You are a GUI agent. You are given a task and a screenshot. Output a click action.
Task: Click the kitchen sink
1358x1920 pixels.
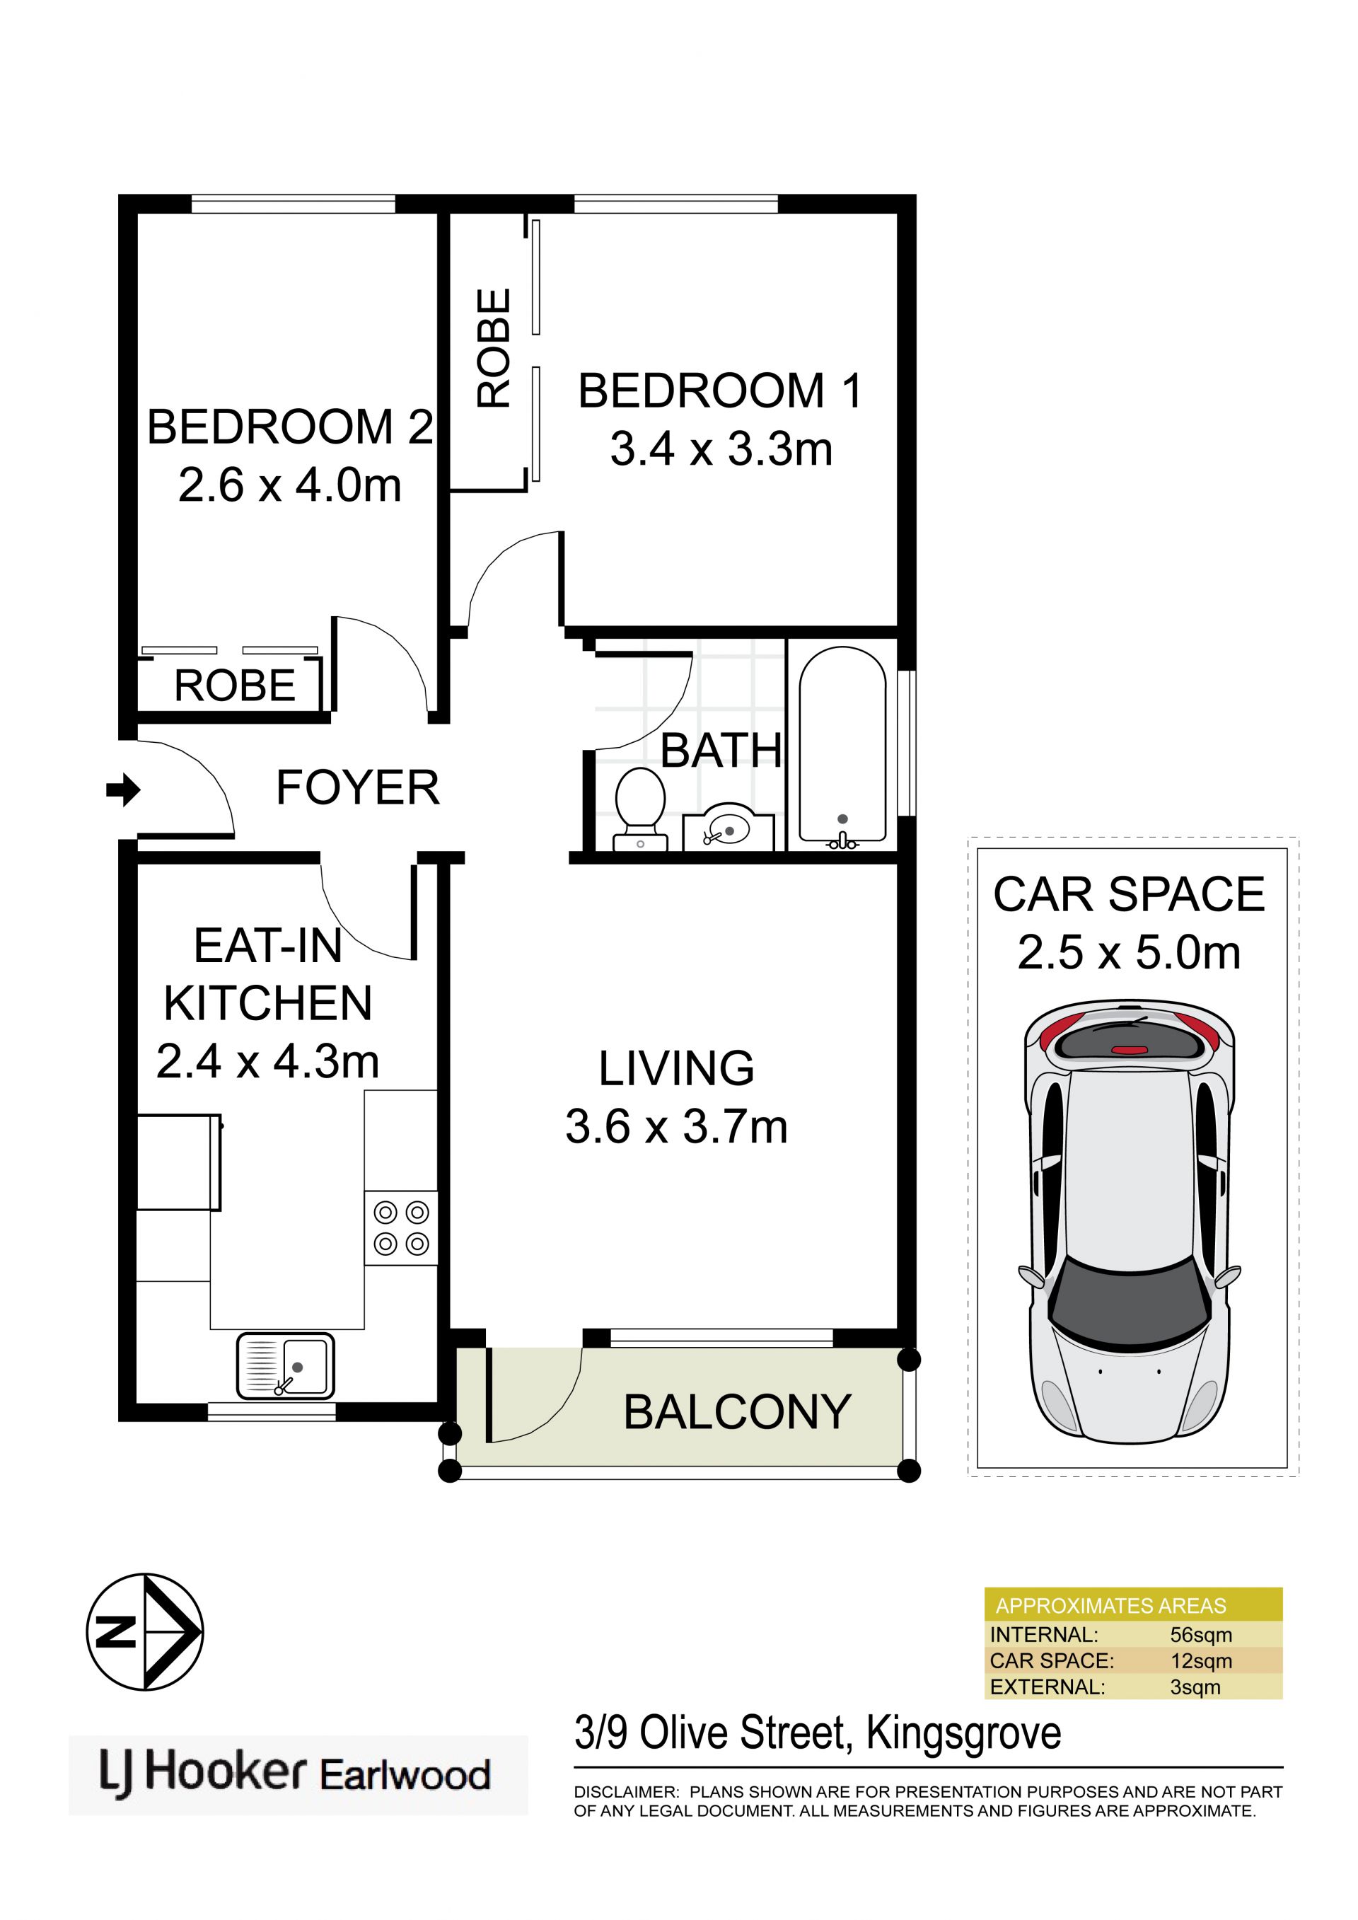[285, 1365]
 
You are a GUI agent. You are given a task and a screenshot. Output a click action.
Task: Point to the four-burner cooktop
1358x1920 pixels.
[400, 1227]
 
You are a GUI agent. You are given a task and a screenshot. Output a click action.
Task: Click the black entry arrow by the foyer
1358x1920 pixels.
[123, 789]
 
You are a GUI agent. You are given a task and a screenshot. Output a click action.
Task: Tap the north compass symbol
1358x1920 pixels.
[145, 1631]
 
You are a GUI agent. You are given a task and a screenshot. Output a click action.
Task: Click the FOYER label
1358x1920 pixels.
[358, 787]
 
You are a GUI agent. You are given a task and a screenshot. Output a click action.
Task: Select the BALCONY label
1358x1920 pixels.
[738, 1412]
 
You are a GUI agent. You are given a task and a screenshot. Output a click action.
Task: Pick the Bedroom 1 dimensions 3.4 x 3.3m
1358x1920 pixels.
[721, 449]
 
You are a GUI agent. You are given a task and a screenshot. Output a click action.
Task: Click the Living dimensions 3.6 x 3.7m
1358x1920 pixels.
[676, 1126]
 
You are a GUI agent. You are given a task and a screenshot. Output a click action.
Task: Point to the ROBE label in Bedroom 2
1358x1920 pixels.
[235, 686]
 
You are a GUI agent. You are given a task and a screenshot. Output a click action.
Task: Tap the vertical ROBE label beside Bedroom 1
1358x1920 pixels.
[494, 348]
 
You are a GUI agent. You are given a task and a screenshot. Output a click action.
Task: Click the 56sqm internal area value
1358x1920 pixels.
[1201, 1635]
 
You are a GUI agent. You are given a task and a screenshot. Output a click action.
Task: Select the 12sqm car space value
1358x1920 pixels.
[1201, 1661]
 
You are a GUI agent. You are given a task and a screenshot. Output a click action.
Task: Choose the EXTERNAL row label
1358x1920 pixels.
[1047, 1687]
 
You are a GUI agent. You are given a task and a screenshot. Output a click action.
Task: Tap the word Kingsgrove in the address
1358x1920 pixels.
[963, 1733]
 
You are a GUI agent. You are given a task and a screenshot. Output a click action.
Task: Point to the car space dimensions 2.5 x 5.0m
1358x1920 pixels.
[1129, 952]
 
